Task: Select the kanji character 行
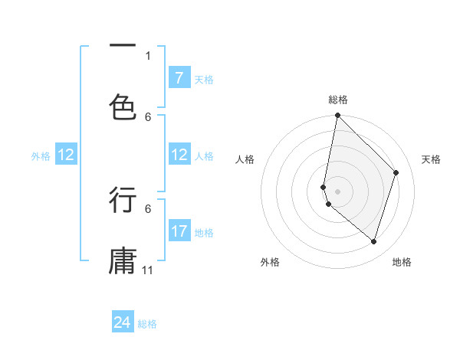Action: (123, 200)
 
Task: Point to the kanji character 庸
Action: (123, 260)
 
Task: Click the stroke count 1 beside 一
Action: (148, 55)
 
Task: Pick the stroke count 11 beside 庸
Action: (148, 270)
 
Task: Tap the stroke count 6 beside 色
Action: (148, 116)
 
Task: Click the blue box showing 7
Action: (179, 78)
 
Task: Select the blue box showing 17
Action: (179, 231)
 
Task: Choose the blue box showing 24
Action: (123, 322)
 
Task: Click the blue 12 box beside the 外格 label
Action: (66, 155)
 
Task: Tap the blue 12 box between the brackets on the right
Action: (179, 155)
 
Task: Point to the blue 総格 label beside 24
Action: (147, 324)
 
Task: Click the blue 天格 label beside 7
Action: (204, 79)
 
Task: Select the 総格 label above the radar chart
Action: (338, 100)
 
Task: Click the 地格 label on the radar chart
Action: (402, 262)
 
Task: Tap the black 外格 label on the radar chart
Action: (270, 262)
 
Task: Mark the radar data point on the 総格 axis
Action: (337, 115)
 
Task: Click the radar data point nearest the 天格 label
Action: (396, 172)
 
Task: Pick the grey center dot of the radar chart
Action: (337, 191)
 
